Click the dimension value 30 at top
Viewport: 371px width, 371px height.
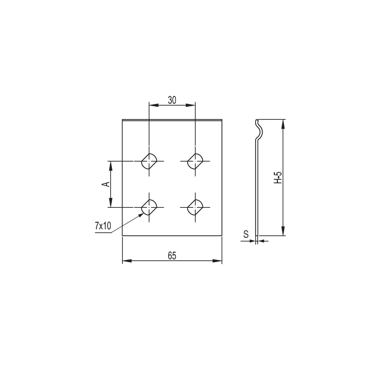[x=172, y=100]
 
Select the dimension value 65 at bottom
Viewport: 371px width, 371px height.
[x=172, y=256]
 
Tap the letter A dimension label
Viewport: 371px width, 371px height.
[x=106, y=184]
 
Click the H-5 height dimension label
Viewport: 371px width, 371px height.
[x=277, y=177]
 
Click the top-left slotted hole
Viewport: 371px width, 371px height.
[x=149, y=161]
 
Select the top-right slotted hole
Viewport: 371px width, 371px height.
[x=195, y=161]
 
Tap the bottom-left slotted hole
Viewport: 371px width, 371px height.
[x=149, y=207]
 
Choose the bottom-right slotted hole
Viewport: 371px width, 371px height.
[x=195, y=207]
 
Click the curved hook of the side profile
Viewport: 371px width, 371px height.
[x=259, y=130]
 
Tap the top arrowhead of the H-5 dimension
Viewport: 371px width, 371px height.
[x=283, y=124]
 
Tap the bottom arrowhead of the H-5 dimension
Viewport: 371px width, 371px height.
[x=283, y=231]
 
